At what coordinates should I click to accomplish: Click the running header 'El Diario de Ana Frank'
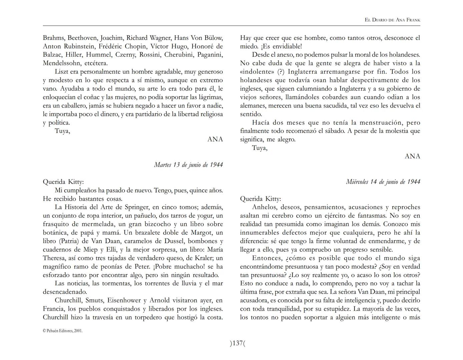pos(392,20)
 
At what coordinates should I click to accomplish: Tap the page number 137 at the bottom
pos(237,343)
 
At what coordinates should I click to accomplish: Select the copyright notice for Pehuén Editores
pos(62,331)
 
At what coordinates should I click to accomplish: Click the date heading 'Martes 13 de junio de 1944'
pos(188,165)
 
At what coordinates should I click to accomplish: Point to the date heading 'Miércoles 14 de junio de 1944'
pos(383,182)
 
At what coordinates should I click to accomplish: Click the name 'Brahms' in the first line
pos(54,38)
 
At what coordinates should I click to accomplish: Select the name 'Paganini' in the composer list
pos(210,55)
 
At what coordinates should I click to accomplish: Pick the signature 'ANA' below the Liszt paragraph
pos(215,139)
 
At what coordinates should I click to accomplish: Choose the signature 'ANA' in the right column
pos(412,156)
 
